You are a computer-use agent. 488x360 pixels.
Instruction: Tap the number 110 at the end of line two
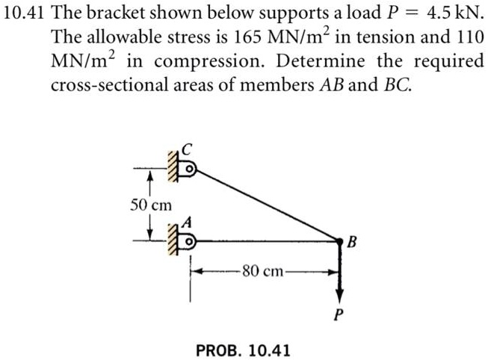pyautogui.click(x=469, y=38)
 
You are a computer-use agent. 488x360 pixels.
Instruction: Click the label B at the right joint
pyautogui.click(x=353, y=242)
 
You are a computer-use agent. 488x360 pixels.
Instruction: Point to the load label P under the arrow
pyautogui.click(x=340, y=314)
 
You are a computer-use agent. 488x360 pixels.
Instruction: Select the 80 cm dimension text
pyautogui.click(x=265, y=272)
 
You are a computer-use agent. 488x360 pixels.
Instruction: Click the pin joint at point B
pyautogui.click(x=340, y=240)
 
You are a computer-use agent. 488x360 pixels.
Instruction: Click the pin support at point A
pyautogui.click(x=189, y=240)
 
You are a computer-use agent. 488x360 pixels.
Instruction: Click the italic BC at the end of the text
pyautogui.click(x=397, y=85)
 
